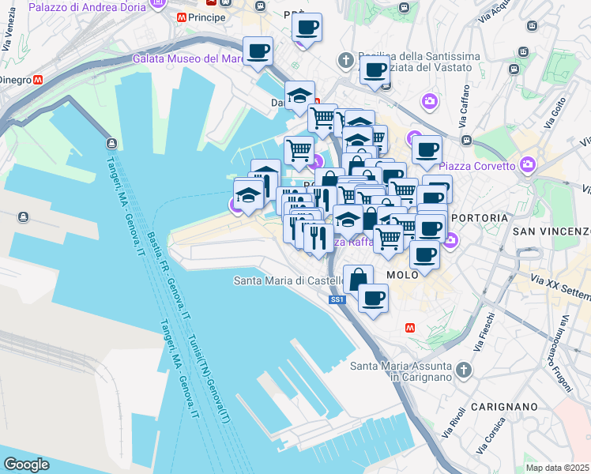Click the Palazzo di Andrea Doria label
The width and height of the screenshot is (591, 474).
[87, 7]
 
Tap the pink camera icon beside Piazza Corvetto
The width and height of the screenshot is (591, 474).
[528, 166]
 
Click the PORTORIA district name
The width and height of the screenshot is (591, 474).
[474, 216]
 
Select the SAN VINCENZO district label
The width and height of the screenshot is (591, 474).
[551, 231]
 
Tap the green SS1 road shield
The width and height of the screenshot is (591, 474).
[337, 299]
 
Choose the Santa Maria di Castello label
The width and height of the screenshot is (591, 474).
[288, 280]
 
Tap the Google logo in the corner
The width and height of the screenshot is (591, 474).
[26, 465]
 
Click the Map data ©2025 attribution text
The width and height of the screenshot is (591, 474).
[558, 468]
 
